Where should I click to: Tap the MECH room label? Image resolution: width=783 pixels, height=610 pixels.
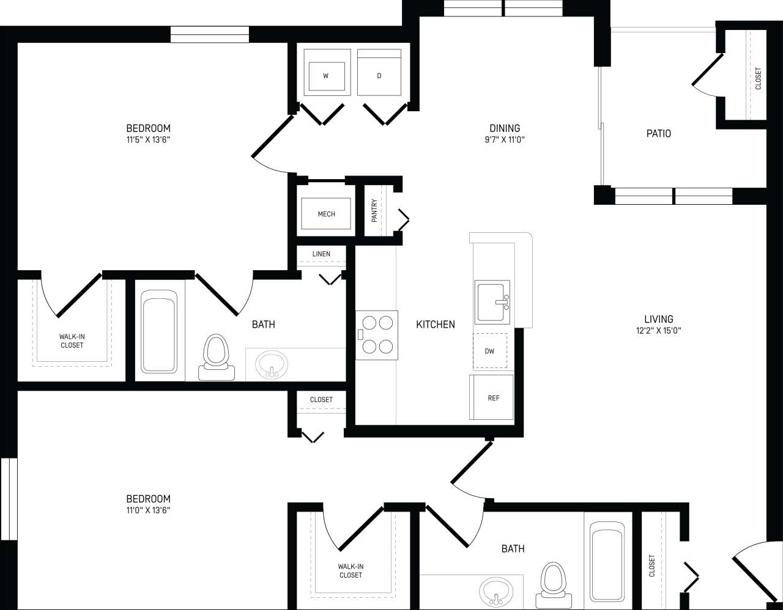(326, 214)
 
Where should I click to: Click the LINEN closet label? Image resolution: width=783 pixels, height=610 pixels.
(321, 254)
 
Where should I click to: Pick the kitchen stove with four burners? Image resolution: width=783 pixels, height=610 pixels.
(377, 334)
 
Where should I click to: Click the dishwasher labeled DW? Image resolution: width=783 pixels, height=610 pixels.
(489, 351)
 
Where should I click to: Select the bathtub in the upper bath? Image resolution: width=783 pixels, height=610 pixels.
(159, 331)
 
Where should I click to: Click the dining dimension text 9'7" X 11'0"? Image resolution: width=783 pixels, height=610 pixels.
(505, 139)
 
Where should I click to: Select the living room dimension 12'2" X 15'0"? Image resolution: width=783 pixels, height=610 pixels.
(658, 331)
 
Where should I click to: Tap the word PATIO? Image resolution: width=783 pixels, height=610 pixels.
(658, 133)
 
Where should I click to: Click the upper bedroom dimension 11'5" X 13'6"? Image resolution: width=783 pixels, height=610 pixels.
(148, 139)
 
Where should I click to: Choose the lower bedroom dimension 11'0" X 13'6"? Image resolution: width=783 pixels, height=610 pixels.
(148, 510)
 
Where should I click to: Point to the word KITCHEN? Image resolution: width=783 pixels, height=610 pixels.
(436, 325)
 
